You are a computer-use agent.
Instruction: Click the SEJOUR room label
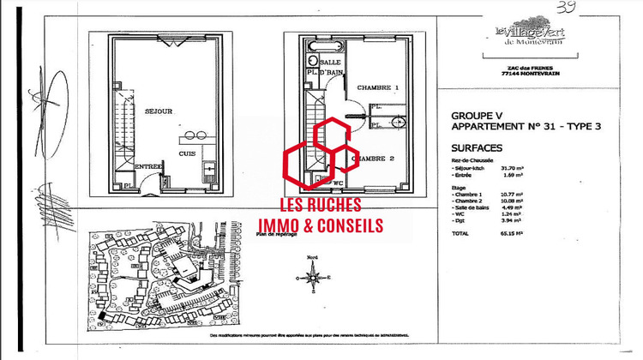click(x=159, y=111)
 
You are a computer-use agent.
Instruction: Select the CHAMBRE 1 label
click(x=379, y=88)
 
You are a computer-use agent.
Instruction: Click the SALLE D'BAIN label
click(x=330, y=69)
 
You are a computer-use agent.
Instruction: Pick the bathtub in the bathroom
click(x=308, y=63)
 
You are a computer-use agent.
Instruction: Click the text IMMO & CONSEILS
click(x=321, y=225)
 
